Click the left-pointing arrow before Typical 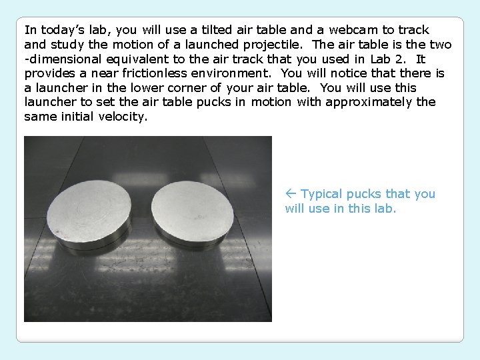click(x=291, y=194)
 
